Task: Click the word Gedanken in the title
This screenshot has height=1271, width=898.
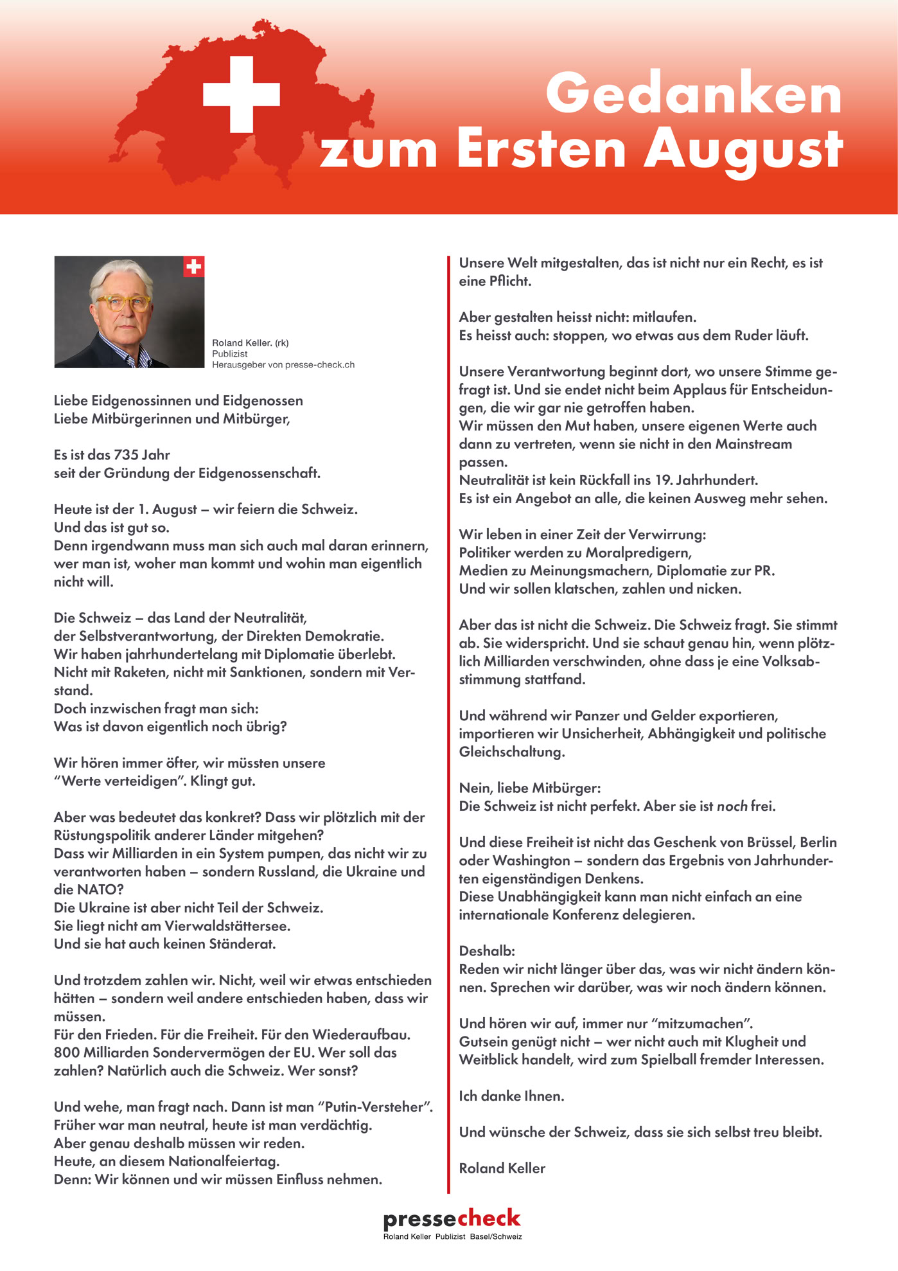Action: [x=693, y=94]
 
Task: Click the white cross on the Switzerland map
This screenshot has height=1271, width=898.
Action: [x=241, y=94]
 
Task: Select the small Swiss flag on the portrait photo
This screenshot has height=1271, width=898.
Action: [x=193, y=266]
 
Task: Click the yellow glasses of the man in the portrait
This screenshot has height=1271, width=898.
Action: [x=123, y=303]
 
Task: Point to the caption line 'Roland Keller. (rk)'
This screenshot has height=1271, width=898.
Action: [x=251, y=343]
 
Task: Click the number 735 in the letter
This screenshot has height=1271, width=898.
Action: [x=126, y=455]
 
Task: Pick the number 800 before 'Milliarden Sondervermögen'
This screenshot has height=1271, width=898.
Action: [x=67, y=1053]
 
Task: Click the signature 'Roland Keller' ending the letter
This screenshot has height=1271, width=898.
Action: [x=502, y=1168]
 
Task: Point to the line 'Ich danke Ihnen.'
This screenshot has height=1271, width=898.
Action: [x=511, y=1096]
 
